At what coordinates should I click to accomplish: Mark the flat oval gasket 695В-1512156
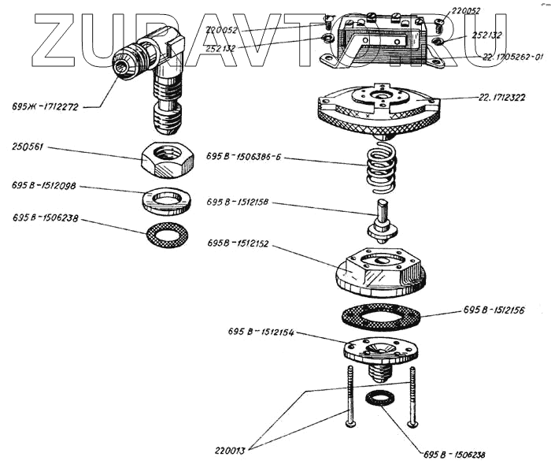[x=380, y=317]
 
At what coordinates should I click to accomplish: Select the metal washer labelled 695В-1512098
[x=168, y=200]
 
